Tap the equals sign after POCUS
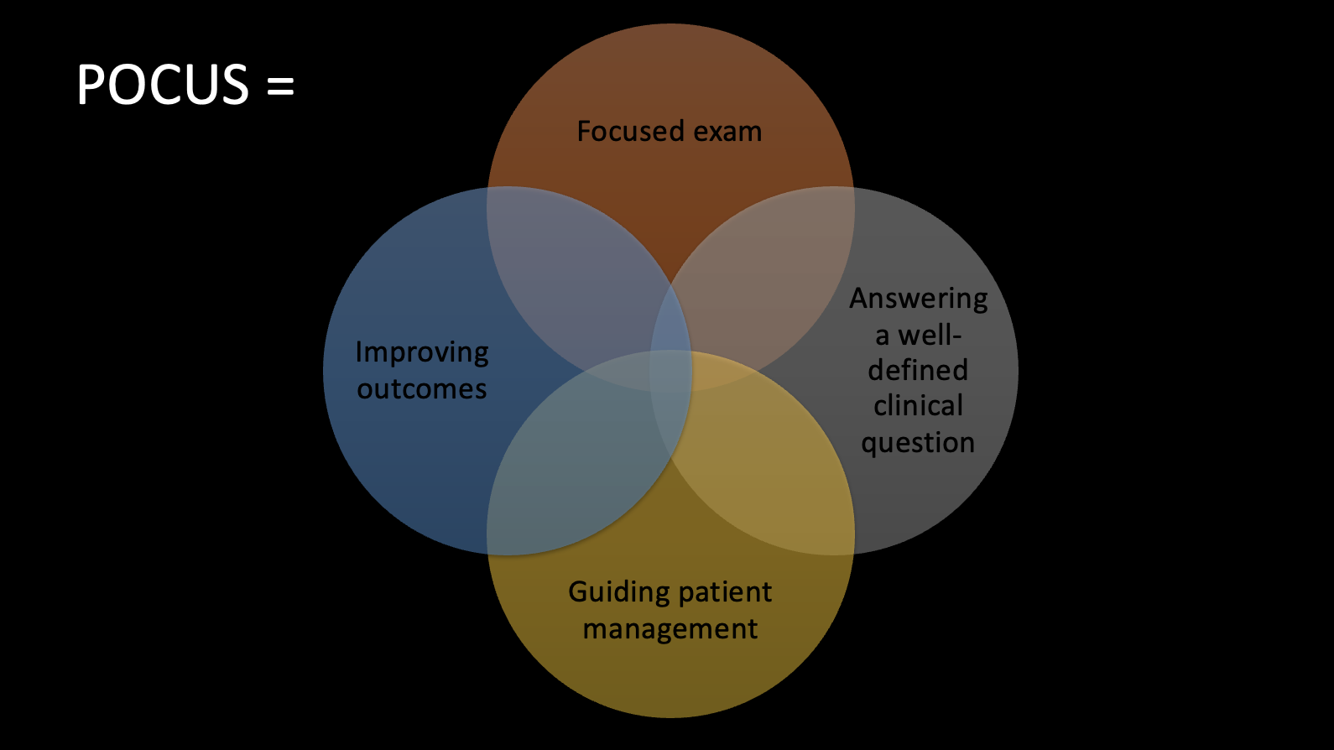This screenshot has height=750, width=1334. click(x=280, y=86)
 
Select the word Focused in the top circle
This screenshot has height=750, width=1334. click(x=619, y=131)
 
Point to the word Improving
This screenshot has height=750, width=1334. click(x=422, y=352)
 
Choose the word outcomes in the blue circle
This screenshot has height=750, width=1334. click(x=422, y=388)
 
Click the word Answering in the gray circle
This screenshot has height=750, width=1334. click(x=918, y=299)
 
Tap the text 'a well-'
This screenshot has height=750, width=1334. click(x=919, y=335)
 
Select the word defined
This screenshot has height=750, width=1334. click(x=918, y=370)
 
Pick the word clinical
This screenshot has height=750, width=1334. click(x=918, y=405)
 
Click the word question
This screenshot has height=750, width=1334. click(x=918, y=443)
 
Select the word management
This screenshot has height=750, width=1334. click(x=670, y=629)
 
